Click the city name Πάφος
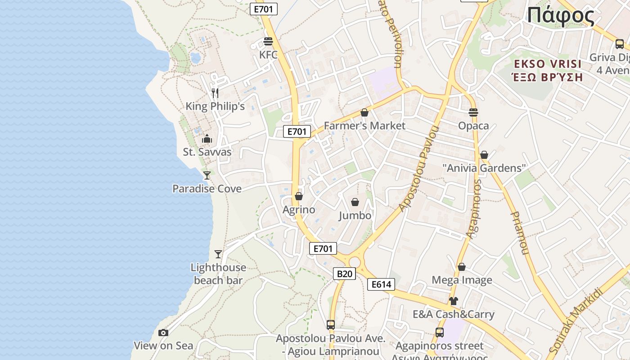(x=561, y=16)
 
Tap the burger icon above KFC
(x=268, y=41)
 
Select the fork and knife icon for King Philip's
(x=215, y=93)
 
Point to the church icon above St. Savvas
(x=207, y=139)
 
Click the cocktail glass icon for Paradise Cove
(x=207, y=175)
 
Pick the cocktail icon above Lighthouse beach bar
(x=218, y=254)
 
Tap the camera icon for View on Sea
(x=163, y=333)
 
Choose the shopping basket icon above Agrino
(x=299, y=196)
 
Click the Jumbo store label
(x=355, y=216)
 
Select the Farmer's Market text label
(x=364, y=126)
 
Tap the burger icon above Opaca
(x=473, y=112)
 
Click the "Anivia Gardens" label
(x=484, y=168)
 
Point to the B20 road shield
(x=344, y=274)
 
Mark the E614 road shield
(x=381, y=284)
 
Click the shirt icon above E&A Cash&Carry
(x=453, y=301)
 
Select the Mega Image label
(x=462, y=280)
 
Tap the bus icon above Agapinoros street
(x=440, y=333)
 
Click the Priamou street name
(x=520, y=233)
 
